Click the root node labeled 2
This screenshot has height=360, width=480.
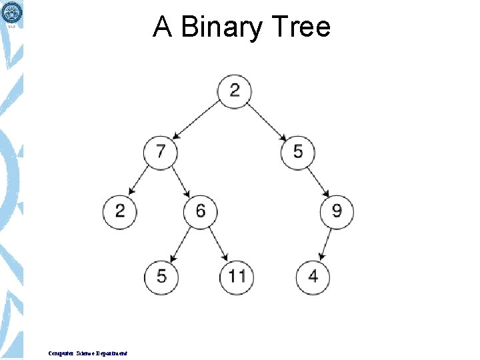pyautogui.click(x=235, y=90)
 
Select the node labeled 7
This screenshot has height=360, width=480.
pyautogui.click(x=161, y=151)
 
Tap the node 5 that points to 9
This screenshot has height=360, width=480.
pyautogui.click(x=297, y=151)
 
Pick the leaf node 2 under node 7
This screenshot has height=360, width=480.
pyautogui.click(x=120, y=212)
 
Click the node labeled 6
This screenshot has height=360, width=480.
pyautogui.click(x=201, y=212)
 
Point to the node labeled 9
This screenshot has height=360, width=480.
pyautogui.click(x=337, y=212)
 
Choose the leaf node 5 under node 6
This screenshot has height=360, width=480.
pyautogui.click(x=161, y=275)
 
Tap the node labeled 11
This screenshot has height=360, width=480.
pyautogui.click(x=237, y=275)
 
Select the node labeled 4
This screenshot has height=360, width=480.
pyautogui.click(x=313, y=275)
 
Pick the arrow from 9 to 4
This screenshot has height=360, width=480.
pyautogui.click(x=325, y=243)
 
